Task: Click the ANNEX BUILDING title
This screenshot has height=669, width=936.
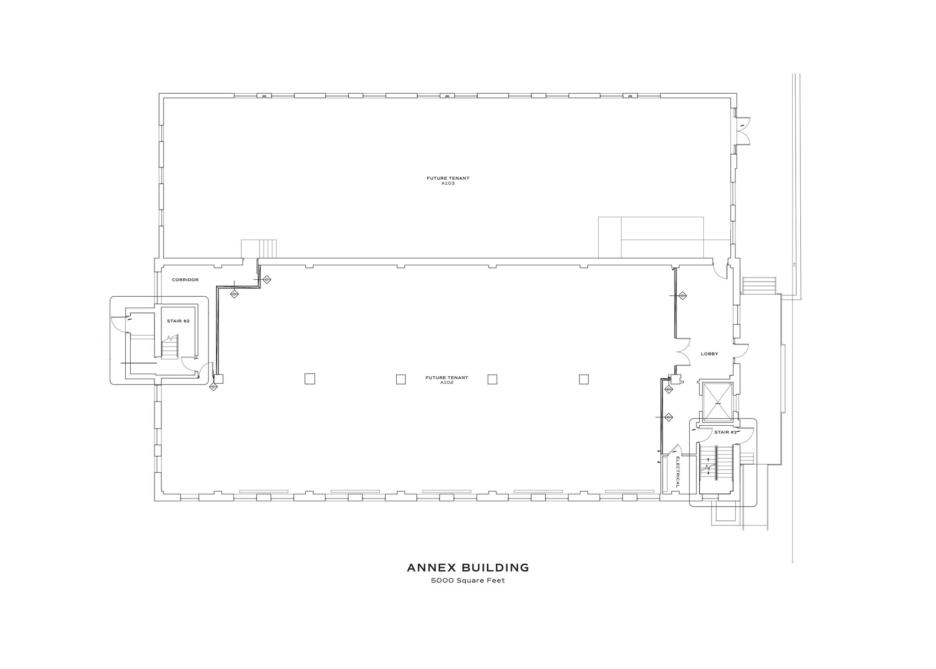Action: coord(468,568)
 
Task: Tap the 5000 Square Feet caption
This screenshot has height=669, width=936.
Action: coord(468,581)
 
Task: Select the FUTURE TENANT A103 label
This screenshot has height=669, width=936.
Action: coord(448,181)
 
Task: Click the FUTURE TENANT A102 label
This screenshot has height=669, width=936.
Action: coord(447,380)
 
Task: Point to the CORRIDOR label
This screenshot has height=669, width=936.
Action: coord(185,280)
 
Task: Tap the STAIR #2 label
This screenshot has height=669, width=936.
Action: coord(178,321)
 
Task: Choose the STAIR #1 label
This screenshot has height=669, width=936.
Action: coord(725,432)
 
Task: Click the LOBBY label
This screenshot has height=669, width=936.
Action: coord(709,354)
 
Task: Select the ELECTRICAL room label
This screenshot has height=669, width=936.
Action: coord(678,471)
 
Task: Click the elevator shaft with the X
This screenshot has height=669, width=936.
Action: coord(718,402)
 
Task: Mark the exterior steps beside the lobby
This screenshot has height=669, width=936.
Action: coord(759,286)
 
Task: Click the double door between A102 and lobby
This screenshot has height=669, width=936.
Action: coord(683,352)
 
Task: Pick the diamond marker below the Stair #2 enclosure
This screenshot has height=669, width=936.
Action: coord(213,387)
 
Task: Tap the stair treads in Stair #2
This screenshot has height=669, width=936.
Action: coord(170,350)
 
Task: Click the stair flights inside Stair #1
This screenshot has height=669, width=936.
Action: coord(716,469)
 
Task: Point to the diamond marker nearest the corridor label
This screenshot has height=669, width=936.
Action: coord(234,294)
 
